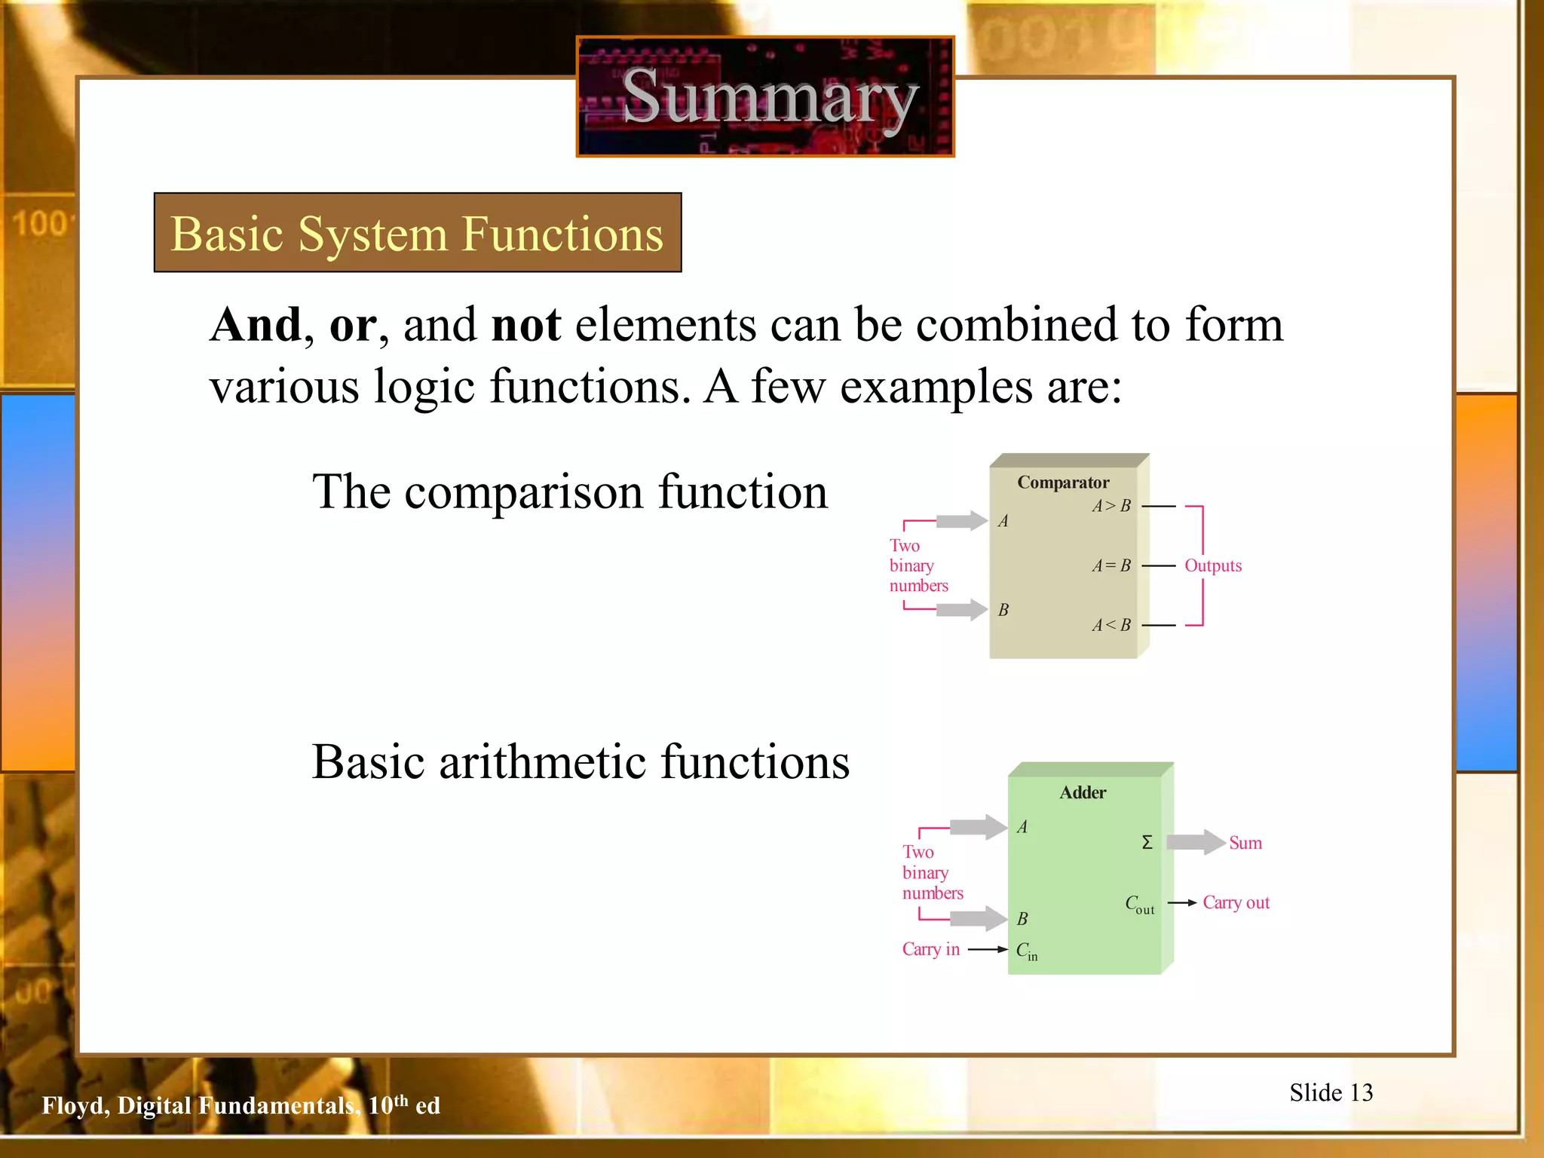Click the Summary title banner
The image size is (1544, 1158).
(x=765, y=96)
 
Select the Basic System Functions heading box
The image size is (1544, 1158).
(x=418, y=232)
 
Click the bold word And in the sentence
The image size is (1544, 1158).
(x=256, y=325)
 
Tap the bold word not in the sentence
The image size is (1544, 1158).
(x=525, y=325)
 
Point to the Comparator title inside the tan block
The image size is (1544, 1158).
(x=1063, y=482)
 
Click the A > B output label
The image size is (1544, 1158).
(x=1111, y=506)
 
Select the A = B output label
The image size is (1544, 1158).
(x=1111, y=565)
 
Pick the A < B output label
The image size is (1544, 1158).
(x=1111, y=625)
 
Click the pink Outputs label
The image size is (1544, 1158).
(x=1212, y=565)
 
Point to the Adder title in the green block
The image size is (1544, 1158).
(x=1083, y=792)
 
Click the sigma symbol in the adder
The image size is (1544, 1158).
(x=1147, y=842)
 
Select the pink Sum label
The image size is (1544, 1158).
(x=1245, y=843)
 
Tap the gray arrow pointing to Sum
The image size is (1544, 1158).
(x=1196, y=842)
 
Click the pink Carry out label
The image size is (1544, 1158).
(x=1236, y=902)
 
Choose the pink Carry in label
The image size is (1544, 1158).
(x=930, y=949)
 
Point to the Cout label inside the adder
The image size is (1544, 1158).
(x=1139, y=904)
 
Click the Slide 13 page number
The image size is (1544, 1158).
(x=1331, y=1092)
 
